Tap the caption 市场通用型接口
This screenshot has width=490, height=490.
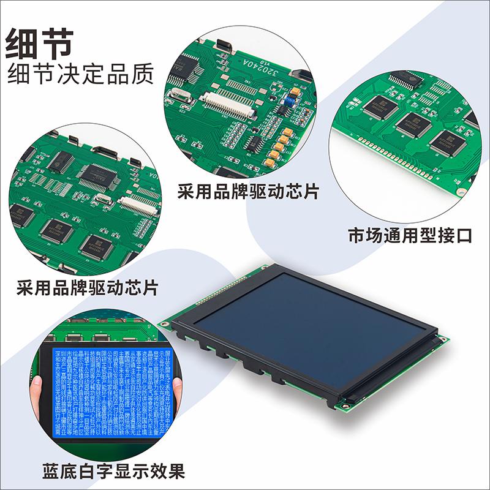(x=410, y=236)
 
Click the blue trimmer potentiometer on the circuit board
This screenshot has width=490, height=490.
(x=294, y=92)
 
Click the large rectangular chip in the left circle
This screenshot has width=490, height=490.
(x=96, y=175)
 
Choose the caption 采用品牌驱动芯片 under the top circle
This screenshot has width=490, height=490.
(x=247, y=192)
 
